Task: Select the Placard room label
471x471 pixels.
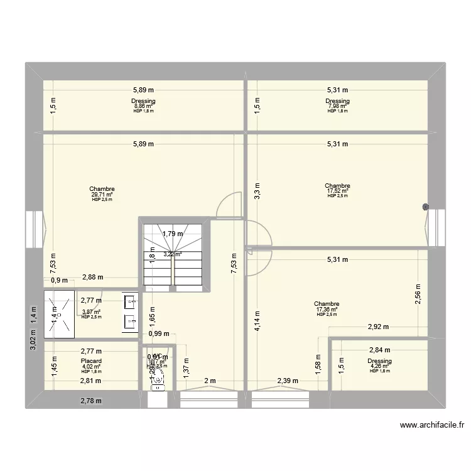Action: [91, 361]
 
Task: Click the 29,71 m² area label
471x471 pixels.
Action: [102, 194]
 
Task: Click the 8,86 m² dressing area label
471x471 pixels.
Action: [143, 106]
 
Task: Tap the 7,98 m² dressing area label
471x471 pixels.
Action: [337, 106]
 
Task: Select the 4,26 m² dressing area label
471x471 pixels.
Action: [380, 366]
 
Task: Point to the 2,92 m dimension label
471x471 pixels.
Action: [378, 327]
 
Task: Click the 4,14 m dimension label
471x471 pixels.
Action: [256, 322]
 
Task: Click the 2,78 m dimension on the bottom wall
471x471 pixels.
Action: [91, 400]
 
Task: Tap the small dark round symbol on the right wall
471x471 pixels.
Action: [426, 207]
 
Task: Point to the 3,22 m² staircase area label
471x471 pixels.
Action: [173, 254]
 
